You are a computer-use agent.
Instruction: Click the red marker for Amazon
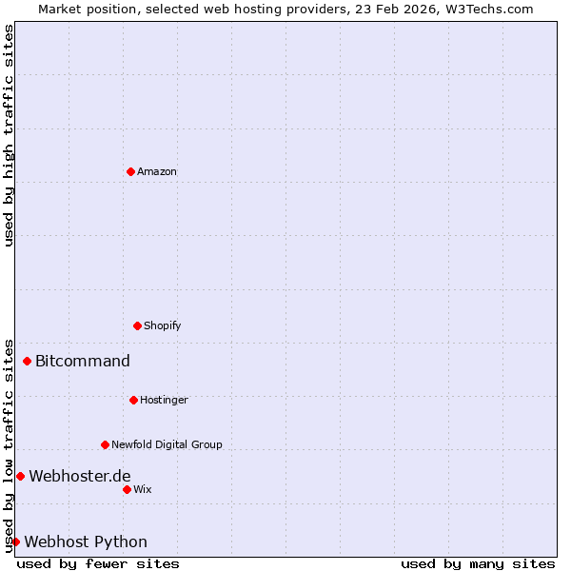(x=130, y=171)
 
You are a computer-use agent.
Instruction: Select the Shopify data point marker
(x=137, y=325)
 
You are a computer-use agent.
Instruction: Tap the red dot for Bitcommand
(x=28, y=361)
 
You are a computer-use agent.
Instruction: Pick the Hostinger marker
(x=133, y=400)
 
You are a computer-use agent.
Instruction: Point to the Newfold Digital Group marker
(x=105, y=444)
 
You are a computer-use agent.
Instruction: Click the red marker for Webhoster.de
(x=20, y=476)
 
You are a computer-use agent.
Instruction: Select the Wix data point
(x=127, y=489)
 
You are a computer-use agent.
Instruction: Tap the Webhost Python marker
(x=15, y=541)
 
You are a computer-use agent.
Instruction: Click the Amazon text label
(x=157, y=172)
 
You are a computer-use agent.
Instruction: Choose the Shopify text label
(x=163, y=326)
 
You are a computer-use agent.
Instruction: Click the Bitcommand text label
(x=83, y=362)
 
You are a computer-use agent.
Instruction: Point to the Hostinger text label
(x=164, y=401)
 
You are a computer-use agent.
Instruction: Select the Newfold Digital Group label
(x=167, y=445)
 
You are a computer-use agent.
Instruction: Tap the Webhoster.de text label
(x=80, y=477)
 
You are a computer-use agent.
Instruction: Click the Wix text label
(x=143, y=490)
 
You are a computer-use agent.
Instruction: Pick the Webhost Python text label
(x=86, y=542)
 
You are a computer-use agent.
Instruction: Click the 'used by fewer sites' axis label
(x=98, y=564)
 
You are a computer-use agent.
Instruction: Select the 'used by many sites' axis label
(x=478, y=564)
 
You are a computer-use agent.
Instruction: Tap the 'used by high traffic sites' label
(x=9, y=135)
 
